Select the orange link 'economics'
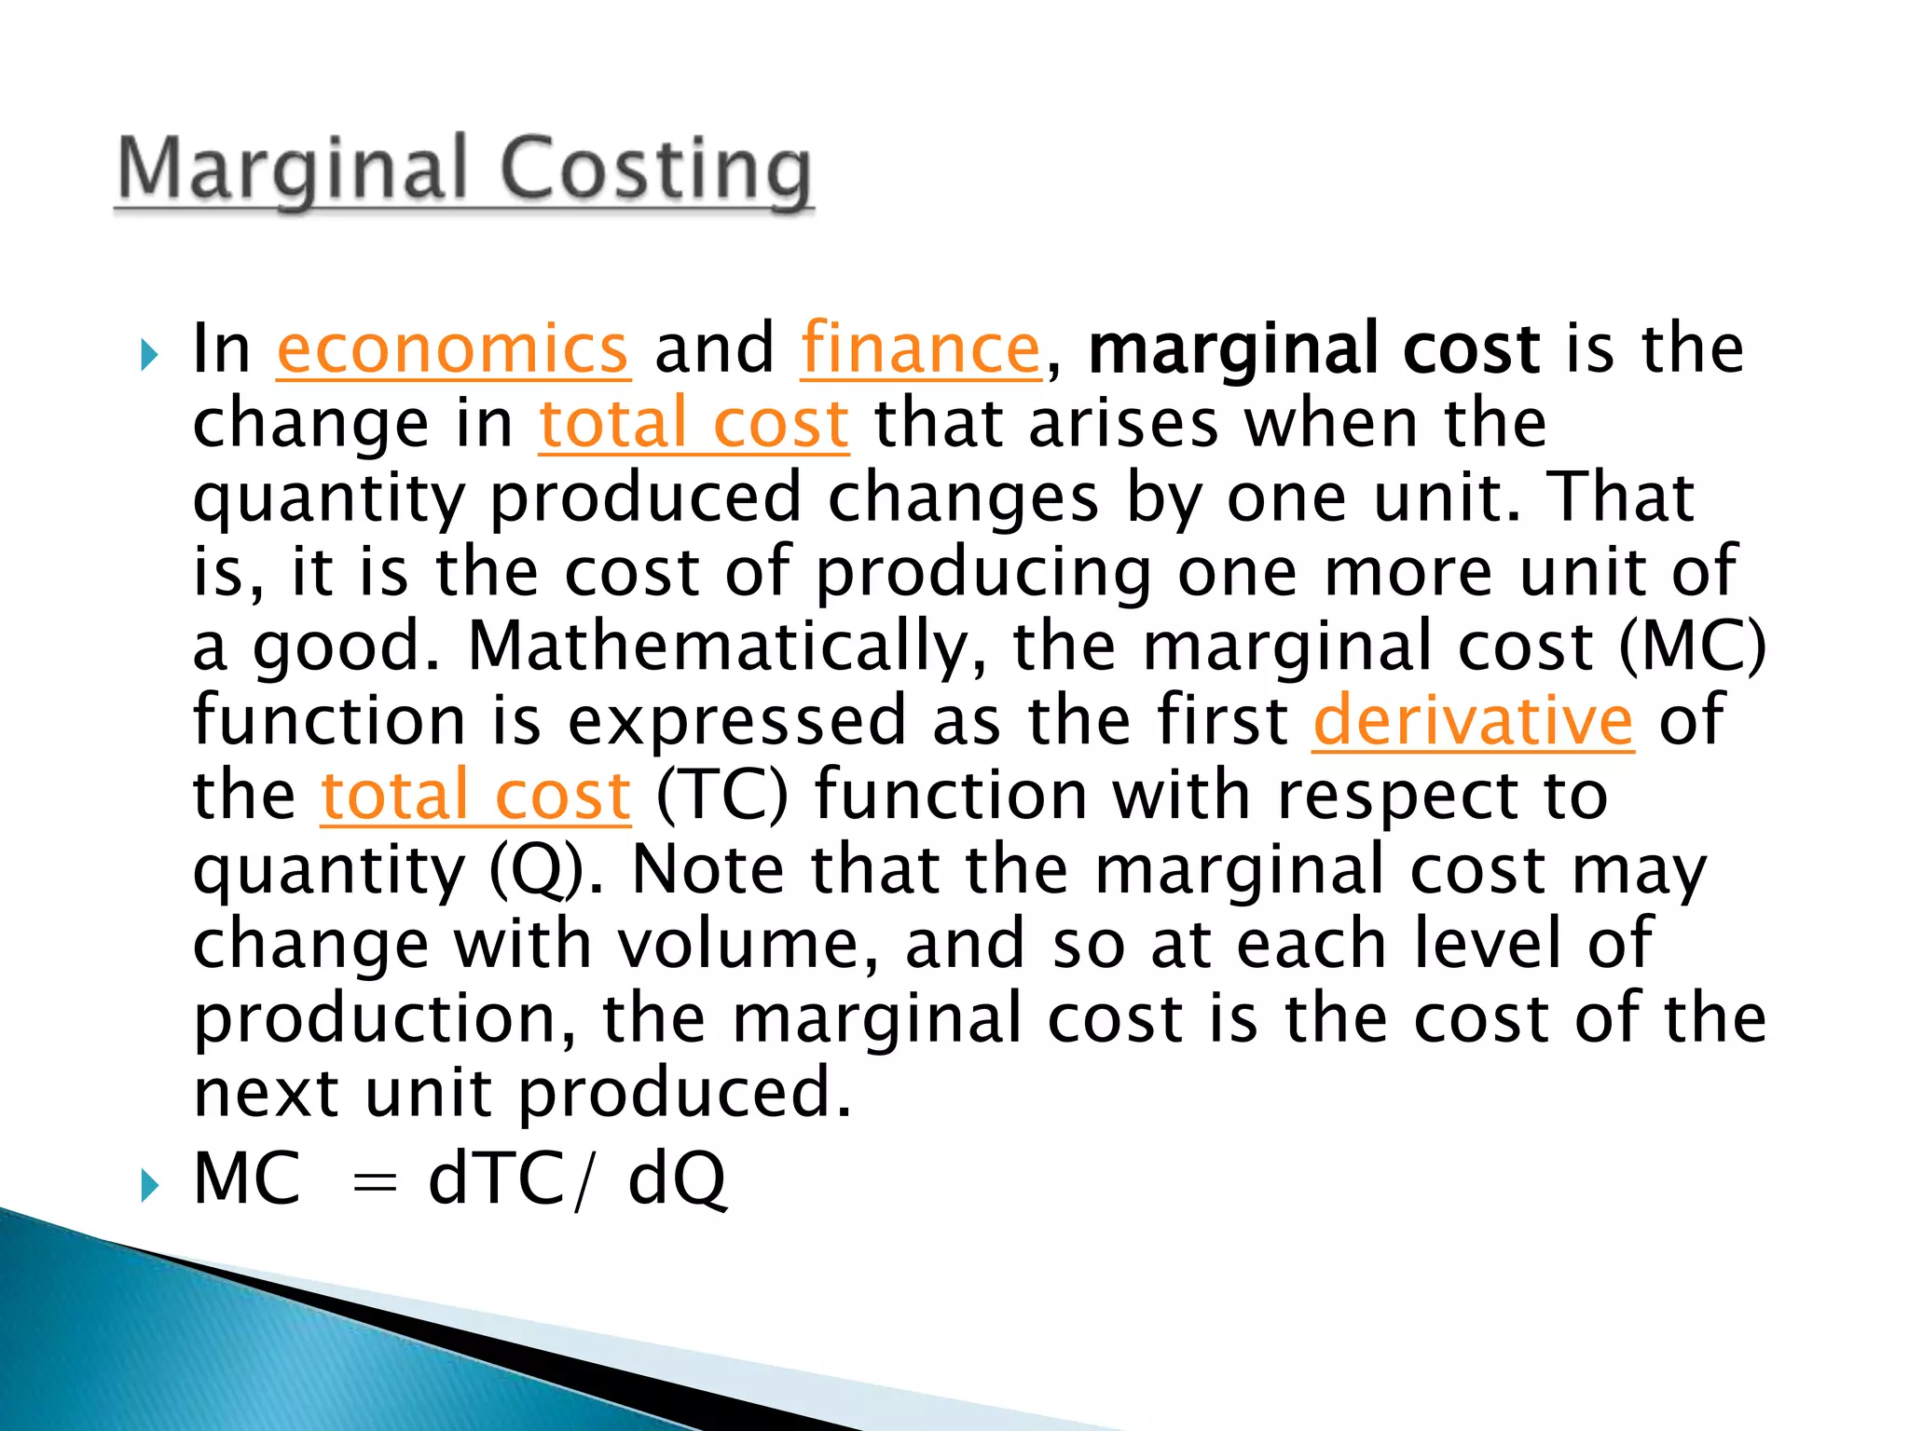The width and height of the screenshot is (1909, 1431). coord(453,348)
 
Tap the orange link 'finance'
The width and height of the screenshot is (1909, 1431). coord(920,348)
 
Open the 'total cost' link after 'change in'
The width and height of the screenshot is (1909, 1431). coord(694,423)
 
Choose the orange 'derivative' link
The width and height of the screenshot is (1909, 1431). coord(1473,720)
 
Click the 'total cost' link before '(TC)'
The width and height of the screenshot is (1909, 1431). coord(475,795)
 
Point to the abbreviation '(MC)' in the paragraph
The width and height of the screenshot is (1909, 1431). coord(1692,646)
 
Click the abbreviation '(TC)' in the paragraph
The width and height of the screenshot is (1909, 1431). coord(722,795)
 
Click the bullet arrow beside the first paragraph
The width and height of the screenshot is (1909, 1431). coord(149,354)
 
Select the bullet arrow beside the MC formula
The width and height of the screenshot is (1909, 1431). coord(149,1186)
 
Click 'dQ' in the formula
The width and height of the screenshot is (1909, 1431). coord(677,1179)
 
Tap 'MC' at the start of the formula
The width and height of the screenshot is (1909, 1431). coord(247,1179)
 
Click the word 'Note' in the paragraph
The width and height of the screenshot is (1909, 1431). coord(708,869)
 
